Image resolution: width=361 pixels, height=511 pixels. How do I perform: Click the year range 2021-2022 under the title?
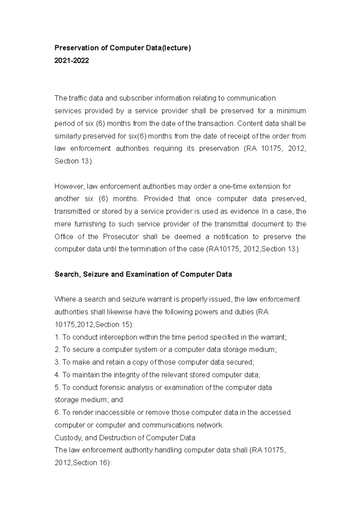pos(72,60)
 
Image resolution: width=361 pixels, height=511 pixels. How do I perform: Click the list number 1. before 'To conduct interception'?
pos(57,337)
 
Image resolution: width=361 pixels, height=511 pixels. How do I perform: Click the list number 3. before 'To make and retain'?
pos(57,362)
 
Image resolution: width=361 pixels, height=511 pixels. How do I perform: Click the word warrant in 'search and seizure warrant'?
pos(159,299)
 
